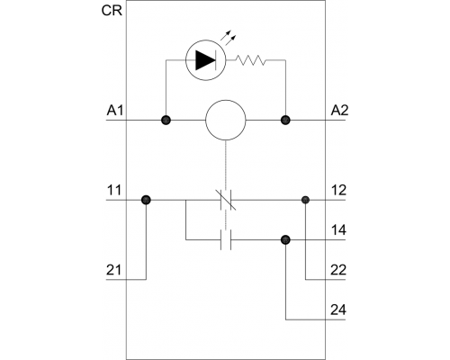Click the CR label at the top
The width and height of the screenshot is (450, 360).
click(x=112, y=11)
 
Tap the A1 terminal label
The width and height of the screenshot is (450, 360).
click(x=115, y=111)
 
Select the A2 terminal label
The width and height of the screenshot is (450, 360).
click(x=339, y=111)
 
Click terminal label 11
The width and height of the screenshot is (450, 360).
click(x=114, y=190)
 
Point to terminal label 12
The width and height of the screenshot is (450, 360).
click(x=338, y=190)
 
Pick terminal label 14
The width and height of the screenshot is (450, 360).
click(x=338, y=230)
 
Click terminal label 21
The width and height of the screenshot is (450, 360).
click(x=114, y=270)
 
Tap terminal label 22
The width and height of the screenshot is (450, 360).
click(x=338, y=270)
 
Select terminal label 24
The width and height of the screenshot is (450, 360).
click(x=338, y=310)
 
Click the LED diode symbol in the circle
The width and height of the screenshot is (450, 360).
click(x=206, y=60)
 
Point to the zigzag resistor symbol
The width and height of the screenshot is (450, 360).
click(x=250, y=60)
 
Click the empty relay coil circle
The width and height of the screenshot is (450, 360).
click(x=226, y=120)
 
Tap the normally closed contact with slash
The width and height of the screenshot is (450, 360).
click(x=226, y=200)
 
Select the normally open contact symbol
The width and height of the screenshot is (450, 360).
click(x=226, y=240)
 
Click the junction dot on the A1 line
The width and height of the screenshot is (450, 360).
click(x=166, y=121)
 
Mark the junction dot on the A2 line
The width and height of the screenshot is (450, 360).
click(x=285, y=121)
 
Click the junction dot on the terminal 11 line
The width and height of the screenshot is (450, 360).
click(x=146, y=200)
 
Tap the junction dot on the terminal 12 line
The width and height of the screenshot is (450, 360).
click(x=305, y=200)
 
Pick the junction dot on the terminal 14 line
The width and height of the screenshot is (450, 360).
click(x=285, y=239)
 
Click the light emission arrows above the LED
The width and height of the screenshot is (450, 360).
click(x=229, y=36)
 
